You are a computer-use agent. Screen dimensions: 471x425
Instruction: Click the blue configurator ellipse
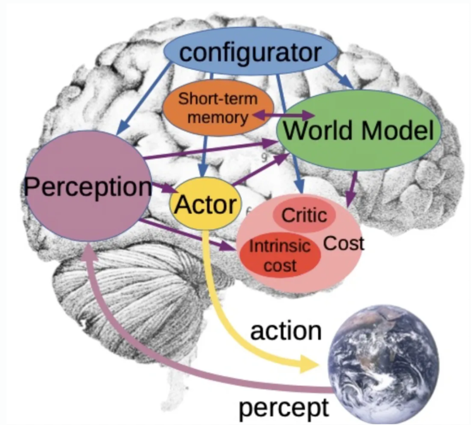point(250,52)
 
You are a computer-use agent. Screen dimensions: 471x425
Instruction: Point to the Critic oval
point(304,215)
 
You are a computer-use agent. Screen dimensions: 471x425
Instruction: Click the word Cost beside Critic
point(344,243)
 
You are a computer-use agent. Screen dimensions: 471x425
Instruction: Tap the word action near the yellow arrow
point(286,331)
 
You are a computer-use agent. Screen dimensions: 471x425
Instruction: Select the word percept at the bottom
point(283,408)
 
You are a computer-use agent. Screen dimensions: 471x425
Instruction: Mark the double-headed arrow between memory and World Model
point(284,116)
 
